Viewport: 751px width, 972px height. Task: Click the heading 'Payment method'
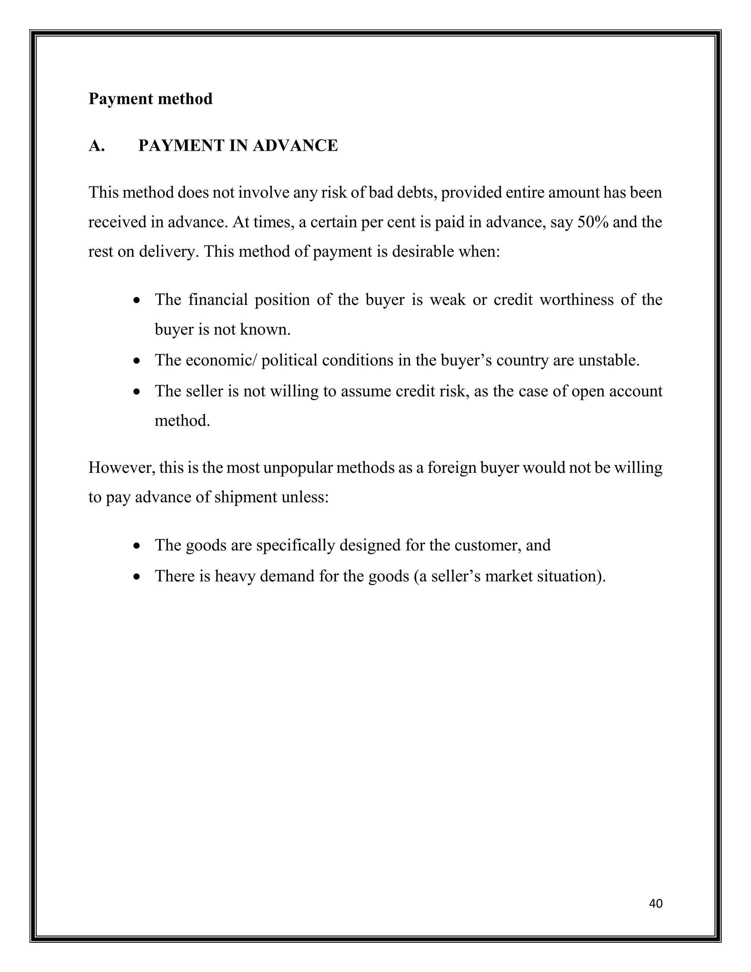pyautogui.click(x=150, y=99)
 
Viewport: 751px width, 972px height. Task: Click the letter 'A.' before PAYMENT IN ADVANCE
pyautogui.click(x=96, y=146)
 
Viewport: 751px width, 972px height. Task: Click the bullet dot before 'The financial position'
pyautogui.click(x=138, y=301)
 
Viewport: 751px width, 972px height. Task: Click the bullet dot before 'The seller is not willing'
pyautogui.click(x=138, y=392)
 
